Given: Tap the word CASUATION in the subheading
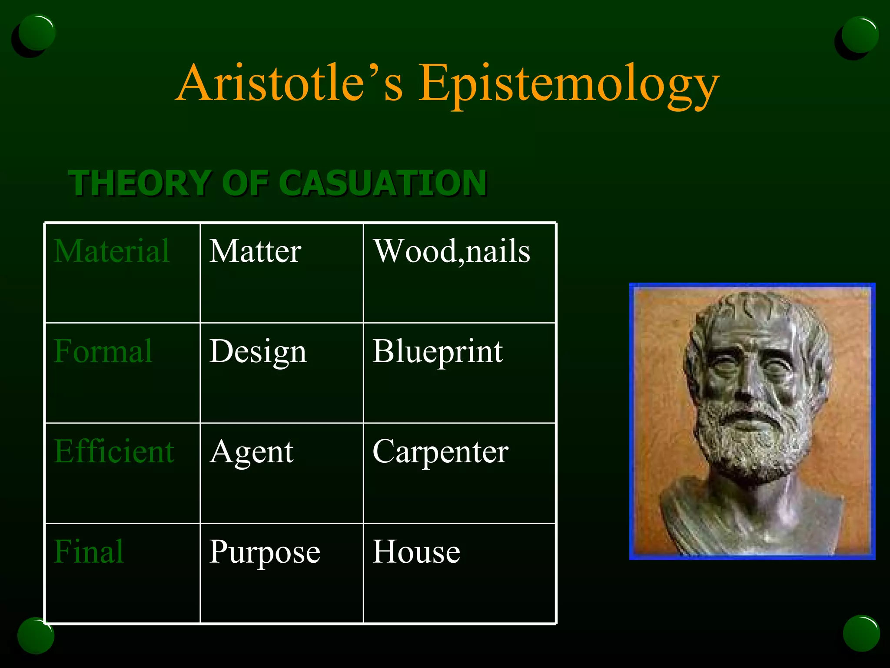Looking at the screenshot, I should point(385,183).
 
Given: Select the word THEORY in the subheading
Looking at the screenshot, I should point(139,183).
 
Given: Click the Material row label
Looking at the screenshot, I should point(112,251).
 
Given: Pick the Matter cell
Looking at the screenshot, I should point(255,251).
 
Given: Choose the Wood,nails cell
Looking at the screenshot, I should point(452,251).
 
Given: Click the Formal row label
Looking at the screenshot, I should point(103,351).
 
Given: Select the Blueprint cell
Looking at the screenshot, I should point(438,351).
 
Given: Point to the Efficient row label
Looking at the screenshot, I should point(114,451).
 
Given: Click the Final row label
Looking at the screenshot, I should point(89,552).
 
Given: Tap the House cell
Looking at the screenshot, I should point(416,552).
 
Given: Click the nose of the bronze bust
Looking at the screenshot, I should point(746,387).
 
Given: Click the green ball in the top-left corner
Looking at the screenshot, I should point(37,33).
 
